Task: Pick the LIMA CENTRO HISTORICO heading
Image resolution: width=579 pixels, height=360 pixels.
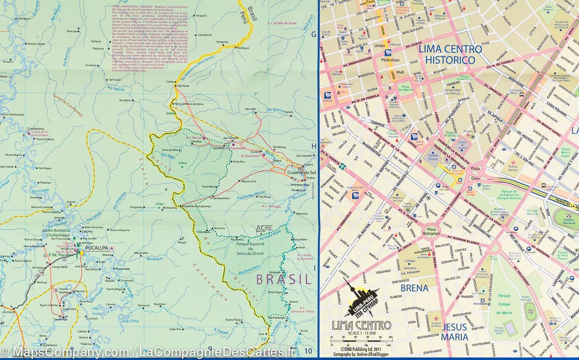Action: pyautogui.click(x=450, y=54)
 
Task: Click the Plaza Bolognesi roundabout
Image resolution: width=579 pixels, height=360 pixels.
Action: pyautogui.click(x=431, y=231)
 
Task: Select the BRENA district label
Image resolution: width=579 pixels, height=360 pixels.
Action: pyautogui.click(x=414, y=288)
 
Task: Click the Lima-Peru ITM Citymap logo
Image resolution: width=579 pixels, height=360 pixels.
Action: pyautogui.click(x=360, y=298)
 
